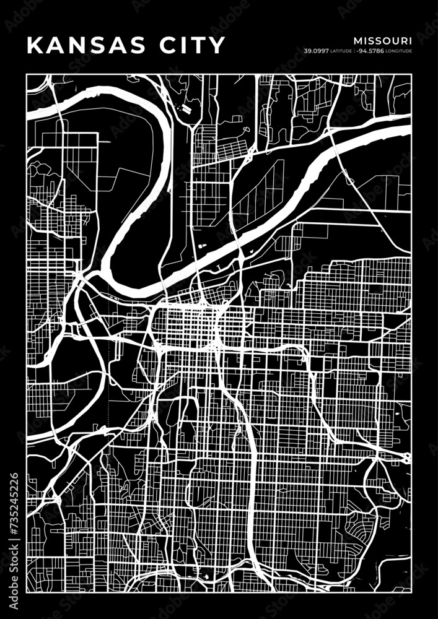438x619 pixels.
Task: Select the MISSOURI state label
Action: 383,40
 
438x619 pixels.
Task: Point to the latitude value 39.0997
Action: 315,50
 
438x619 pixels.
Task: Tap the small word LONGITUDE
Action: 398,50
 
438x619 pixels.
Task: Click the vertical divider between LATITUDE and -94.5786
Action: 354,50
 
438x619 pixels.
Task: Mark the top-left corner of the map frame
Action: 27,74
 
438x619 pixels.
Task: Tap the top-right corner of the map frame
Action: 411,74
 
